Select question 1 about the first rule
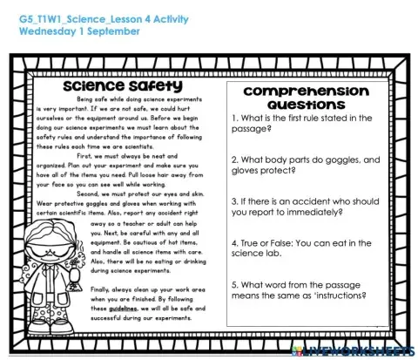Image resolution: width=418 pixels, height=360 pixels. [x=311, y=123]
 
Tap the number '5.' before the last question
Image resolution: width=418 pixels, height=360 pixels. [x=235, y=284]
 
